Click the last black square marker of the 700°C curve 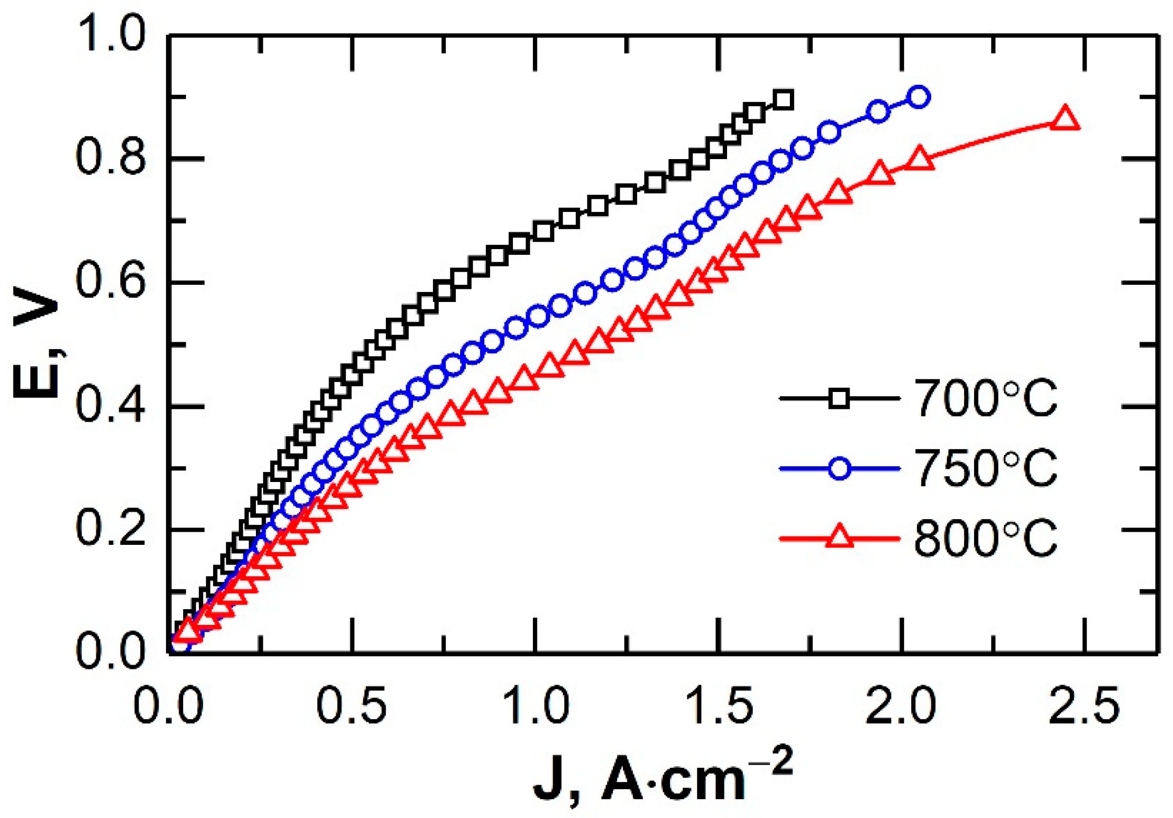pyautogui.click(x=783, y=99)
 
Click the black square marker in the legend pyautogui.click(x=839, y=398)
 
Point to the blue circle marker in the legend pyautogui.click(x=839, y=468)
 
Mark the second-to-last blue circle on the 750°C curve pyautogui.click(x=879, y=111)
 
